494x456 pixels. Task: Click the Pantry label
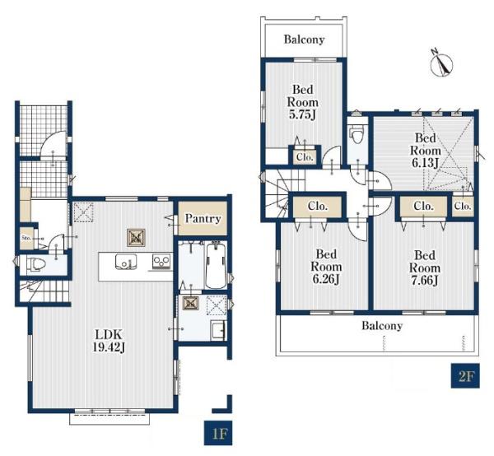pyautogui.click(x=203, y=218)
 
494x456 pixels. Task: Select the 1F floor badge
pyautogui.click(x=218, y=433)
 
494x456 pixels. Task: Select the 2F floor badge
pyautogui.click(x=465, y=375)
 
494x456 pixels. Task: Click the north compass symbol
pyautogui.click(x=441, y=63)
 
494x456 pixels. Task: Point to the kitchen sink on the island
pyautogui.click(x=126, y=262)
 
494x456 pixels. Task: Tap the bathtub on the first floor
pyautogui.click(x=216, y=266)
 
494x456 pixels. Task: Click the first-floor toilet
pyautogui.click(x=35, y=264)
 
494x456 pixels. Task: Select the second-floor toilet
pyautogui.click(x=357, y=133)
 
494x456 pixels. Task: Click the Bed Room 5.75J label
pyautogui.click(x=303, y=102)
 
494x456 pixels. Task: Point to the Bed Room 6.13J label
pyautogui.click(x=425, y=150)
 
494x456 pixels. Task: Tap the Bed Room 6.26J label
pyautogui.click(x=326, y=267)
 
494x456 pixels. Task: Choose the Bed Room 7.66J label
pyautogui.click(x=425, y=268)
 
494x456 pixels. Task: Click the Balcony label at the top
pyautogui.click(x=304, y=40)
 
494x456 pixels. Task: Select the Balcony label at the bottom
pyautogui.click(x=382, y=325)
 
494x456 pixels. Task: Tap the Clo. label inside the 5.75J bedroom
pyautogui.click(x=305, y=157)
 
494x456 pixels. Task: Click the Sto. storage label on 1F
pyautogui.click(x=26, y=239)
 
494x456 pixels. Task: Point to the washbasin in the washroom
pyautogui.click(x=218, y=330)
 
